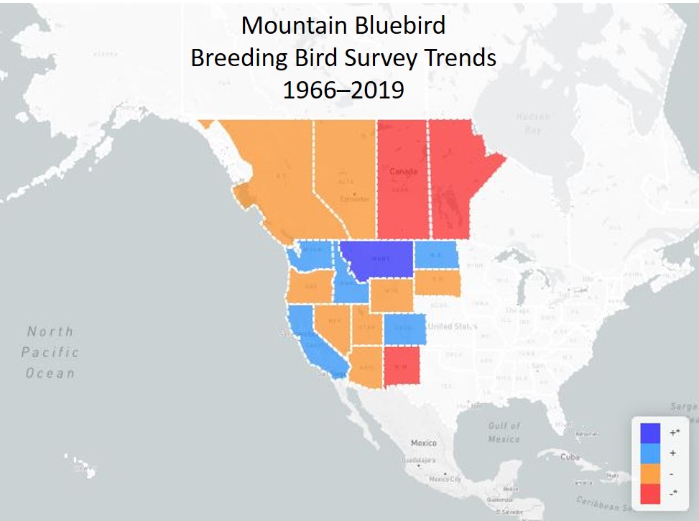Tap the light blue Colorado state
click(405, 329)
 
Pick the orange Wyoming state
click(392, 294)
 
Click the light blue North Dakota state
click(437, 254)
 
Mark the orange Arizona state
click(366, 366)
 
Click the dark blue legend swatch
click(650, 433)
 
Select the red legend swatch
click(650, 494)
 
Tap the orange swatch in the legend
click(650, 474)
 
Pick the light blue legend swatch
click(650, 453)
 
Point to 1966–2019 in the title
click(343, 90)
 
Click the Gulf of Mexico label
click(504, 432)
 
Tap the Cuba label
click(570, 456)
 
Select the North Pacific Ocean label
click(50, 352)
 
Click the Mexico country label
click(423, 443)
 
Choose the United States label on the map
click(455, 326)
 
